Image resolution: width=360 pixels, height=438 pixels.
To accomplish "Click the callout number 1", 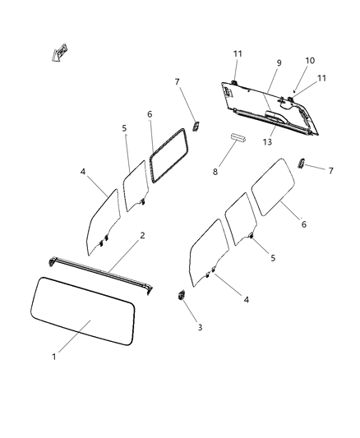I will pyautogui.click(x=54, y=357).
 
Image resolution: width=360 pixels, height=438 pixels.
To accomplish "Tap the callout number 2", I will pyautogui.click(x=142, y=236).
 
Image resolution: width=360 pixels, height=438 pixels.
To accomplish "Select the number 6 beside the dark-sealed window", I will pyautogui.click(x=150, y=114).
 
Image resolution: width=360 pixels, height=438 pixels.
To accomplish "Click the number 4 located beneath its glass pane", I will pyautogui.click(x=246, y=300).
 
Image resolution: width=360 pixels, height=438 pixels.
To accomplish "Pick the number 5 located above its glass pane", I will pyautogui.click(x=124, y=128).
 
